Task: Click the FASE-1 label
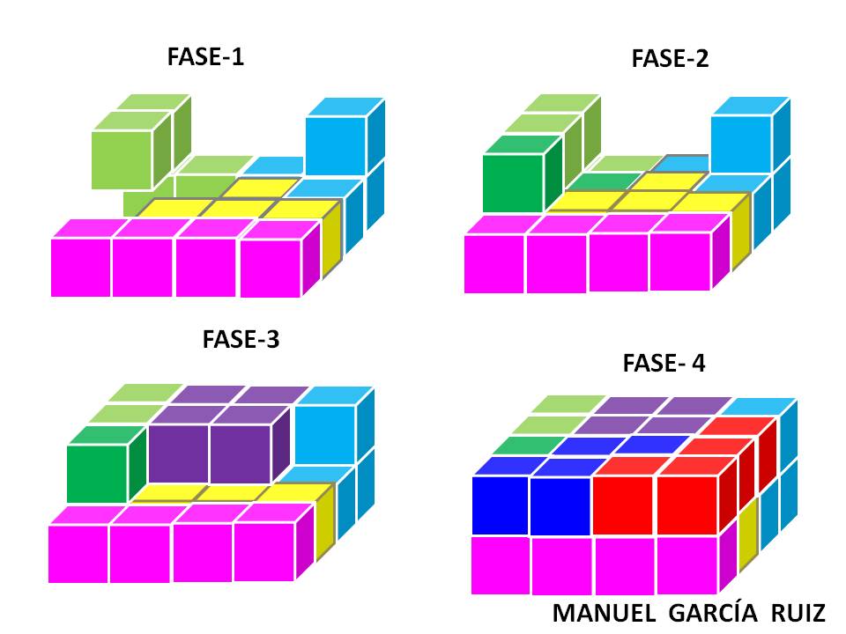pos(205,59)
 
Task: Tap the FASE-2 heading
pos(670,59)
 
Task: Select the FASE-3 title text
pos(241,339)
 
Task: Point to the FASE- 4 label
pos(664,363)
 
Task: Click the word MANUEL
pos(604,613)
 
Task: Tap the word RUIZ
pos(798,613)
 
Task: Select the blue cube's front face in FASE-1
pos(335,148)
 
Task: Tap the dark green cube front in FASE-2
pos(511,183)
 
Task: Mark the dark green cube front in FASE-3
pos(97,474)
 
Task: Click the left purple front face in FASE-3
pos(178,454)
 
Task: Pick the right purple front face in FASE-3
pos(239,454)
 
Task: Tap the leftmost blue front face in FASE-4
pos(500,505)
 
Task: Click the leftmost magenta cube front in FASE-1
pos(80,268)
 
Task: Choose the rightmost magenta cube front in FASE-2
pos(679,262)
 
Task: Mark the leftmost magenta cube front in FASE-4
pos(500,564)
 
